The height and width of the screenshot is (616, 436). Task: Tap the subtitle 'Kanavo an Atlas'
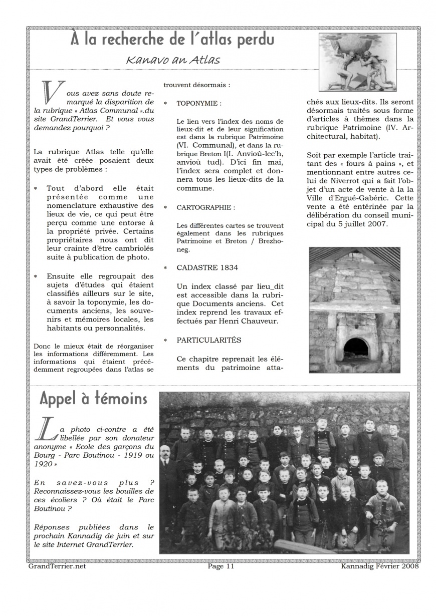(173, 60)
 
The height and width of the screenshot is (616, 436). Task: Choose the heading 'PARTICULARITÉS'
(209, 340)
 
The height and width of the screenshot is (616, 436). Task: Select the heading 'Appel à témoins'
(93, 399)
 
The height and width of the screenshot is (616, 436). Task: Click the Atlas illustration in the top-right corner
(357, 62)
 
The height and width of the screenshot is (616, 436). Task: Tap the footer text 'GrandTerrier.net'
(57, 566)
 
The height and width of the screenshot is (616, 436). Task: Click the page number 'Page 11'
(221, 566)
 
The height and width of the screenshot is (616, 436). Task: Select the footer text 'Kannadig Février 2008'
(379, 566)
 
